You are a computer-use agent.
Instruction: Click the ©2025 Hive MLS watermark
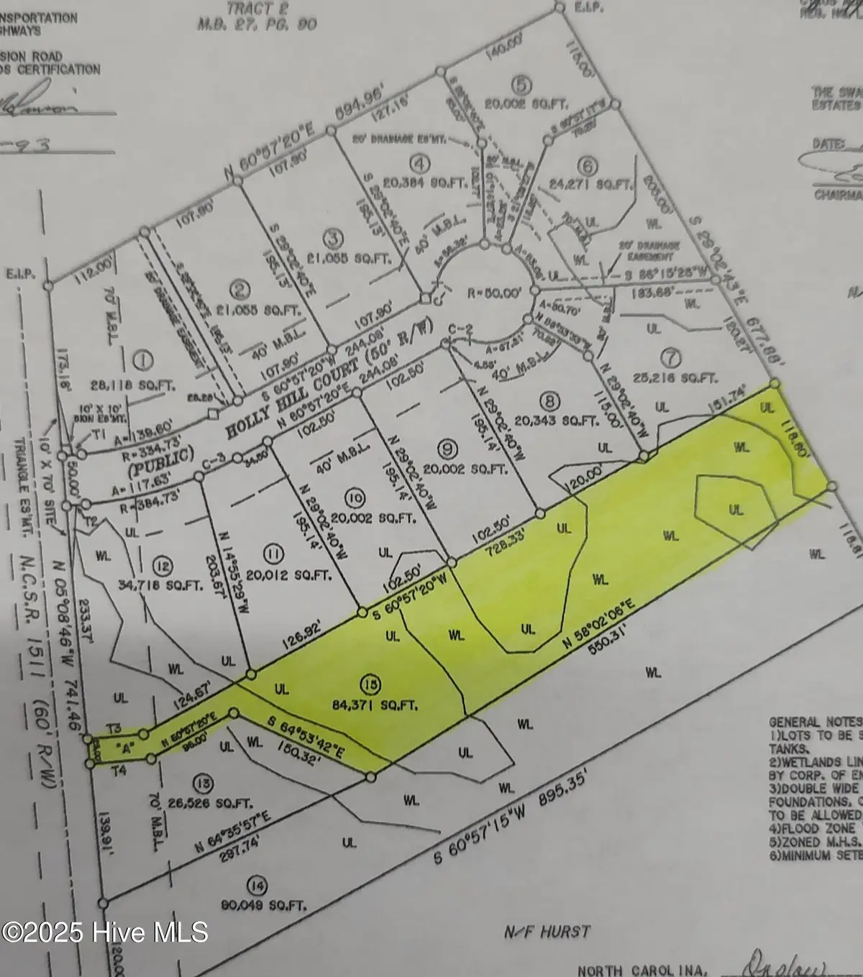[x=105, y=932]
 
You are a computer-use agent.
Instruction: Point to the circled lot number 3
[x=331, y=237]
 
